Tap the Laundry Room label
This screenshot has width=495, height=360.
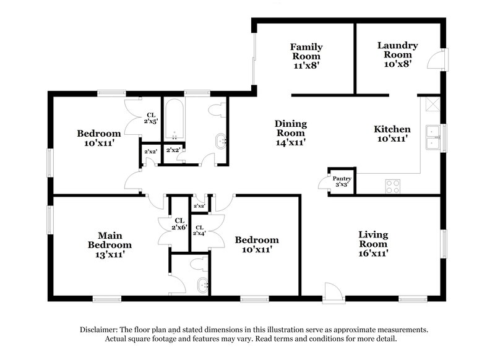pyautogui.click(x=397, y=54)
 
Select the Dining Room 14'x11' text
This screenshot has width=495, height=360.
pyautogui.click(x=291, y=133)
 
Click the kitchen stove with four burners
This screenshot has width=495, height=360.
pyautogui.click(x=393, y=186)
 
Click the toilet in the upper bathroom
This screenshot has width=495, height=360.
pyautogui.click(x=217, y=111)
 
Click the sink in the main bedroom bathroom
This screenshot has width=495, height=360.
pyautogui.click(x=201, y=286)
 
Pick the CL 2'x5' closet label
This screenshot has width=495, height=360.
pyautogui.click(x=150, y=118)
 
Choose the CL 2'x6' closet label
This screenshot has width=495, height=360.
pyautogui.click(x=179, y=223)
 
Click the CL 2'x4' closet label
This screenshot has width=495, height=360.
pyautogui.click(x=199, y=229)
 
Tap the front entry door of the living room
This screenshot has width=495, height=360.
pyautogui.click(x=332, y=291)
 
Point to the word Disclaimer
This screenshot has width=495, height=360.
pyautogui.click(x=101, y=330)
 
